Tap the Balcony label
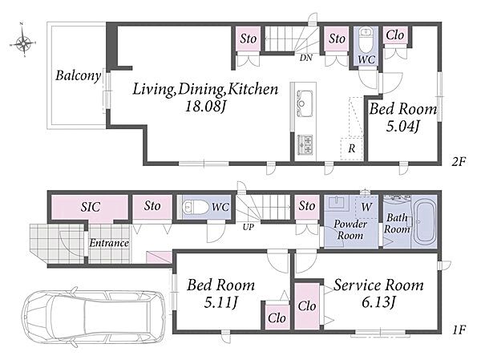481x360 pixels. (x=78, y=75)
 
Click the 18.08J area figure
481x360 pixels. (x=205, y=106)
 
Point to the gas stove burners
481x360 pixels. (x=305, y=144)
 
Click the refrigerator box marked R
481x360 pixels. (x=352, y=148)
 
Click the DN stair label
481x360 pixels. (x=306, y=58)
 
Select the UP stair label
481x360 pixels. (x=249, y=227)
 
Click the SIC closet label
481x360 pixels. (x=90, y=207)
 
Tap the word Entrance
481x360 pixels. (x=109, y=243)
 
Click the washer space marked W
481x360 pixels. (x=366, y=207)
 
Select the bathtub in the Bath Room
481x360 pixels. (x=425, y=220)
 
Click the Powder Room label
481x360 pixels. (x=350, y=229)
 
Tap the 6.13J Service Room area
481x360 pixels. (x=378, y=302)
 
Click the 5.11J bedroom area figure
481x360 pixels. (x=220, y=302)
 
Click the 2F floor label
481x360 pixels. (x=459, y=161)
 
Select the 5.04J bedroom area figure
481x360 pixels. (x=402, y=126)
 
